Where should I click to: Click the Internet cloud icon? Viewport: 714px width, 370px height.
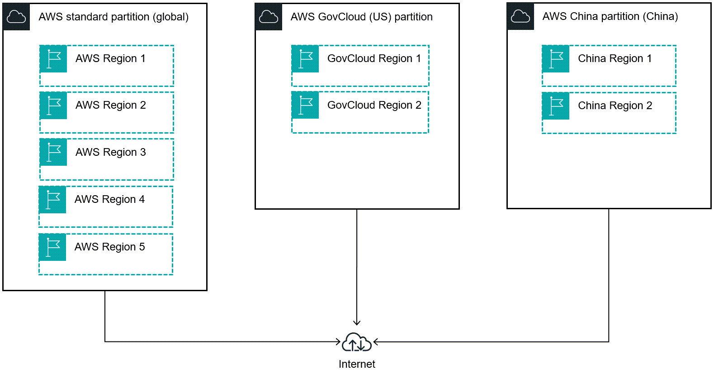357,343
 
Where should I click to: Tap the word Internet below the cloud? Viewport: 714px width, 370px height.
357,364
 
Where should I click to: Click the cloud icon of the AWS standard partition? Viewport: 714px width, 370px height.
17,17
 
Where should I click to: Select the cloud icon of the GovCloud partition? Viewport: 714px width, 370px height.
269,17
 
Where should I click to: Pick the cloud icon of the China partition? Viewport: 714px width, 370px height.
520,17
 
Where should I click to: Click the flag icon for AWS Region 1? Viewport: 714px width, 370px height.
53,59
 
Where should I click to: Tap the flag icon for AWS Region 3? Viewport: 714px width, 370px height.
53,152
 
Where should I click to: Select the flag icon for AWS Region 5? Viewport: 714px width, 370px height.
52,247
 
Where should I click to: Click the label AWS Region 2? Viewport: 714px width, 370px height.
111,105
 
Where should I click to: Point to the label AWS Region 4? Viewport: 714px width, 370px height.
109,199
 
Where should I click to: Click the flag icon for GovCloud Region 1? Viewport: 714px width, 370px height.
305,59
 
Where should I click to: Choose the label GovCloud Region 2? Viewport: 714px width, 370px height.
374,105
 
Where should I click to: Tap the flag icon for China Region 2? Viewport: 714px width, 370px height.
556,106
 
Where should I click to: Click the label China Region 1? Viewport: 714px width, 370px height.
615,58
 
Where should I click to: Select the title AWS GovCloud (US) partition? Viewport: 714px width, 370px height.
361,17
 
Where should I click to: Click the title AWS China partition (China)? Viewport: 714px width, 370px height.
610,16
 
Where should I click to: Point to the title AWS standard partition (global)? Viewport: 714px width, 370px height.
113,17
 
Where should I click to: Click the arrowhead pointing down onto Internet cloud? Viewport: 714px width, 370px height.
357,322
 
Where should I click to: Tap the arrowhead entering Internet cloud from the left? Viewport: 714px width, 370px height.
338,341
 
